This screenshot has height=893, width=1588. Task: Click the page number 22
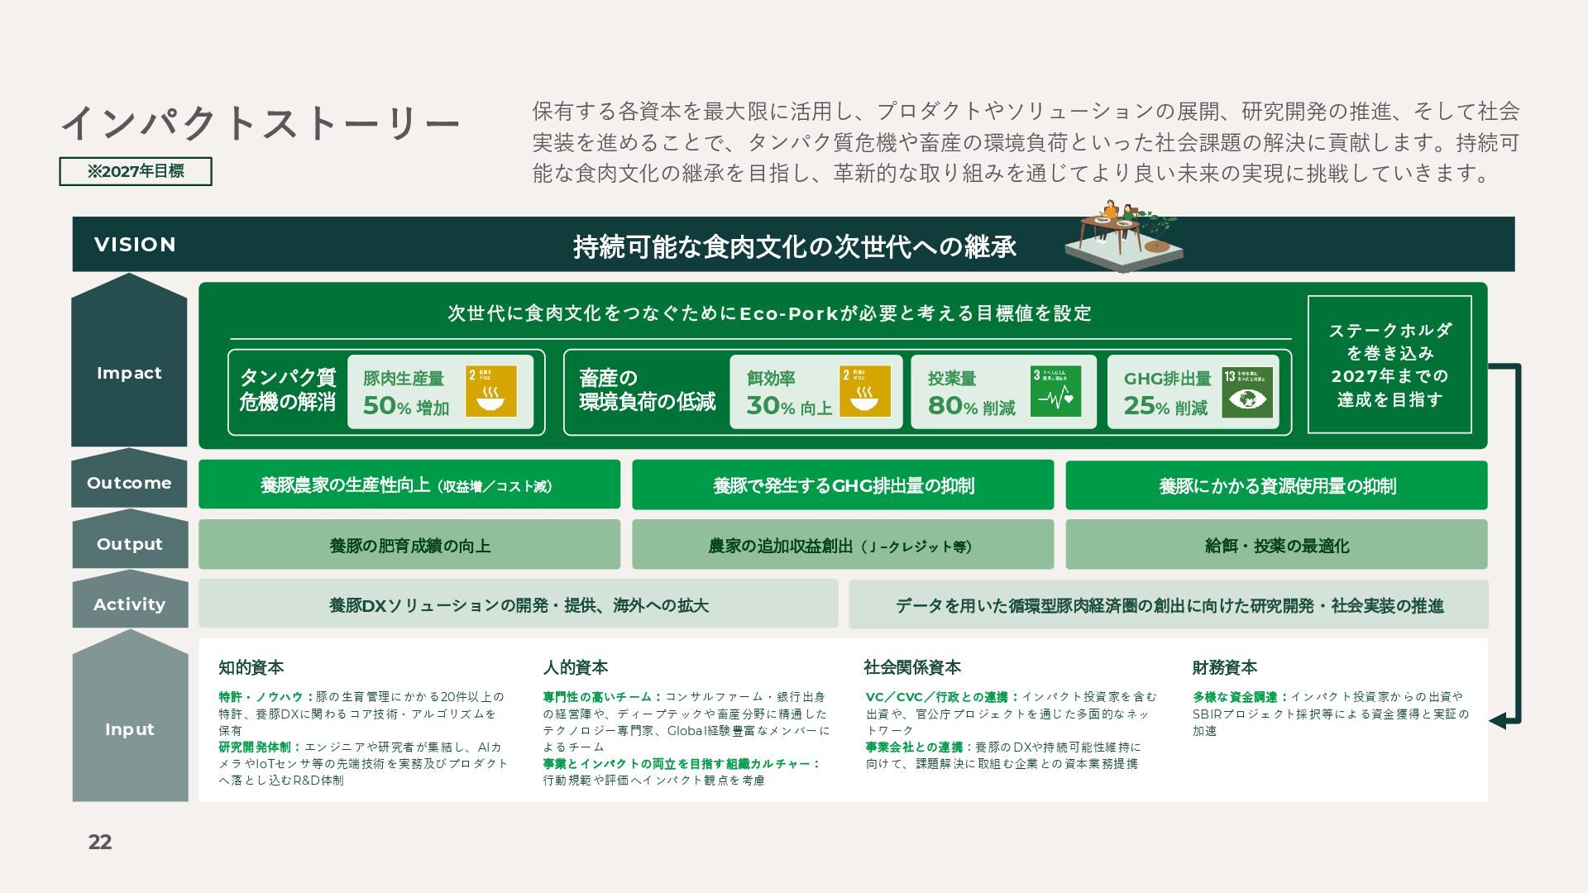(x=100, y=842)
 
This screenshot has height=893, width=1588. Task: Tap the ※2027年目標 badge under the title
(x=136, y=171)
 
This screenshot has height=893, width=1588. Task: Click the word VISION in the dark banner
(x=135, y=245)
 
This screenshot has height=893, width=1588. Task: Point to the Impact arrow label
(x=129, y=373)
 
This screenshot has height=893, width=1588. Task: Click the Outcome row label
(x=129, y=483)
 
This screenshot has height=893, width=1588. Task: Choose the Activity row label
(x=129, y=604)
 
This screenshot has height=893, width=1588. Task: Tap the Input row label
(x=129, y=729)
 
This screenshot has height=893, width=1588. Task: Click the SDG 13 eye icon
(x=1247, y=392)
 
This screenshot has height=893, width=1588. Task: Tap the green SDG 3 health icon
(x=1055, y=392)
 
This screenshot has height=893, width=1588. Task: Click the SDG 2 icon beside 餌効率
(x=864, y=392)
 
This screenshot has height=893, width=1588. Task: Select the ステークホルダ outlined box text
(x=1389, y=365)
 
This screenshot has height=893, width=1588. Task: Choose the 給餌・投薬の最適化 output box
(x=1276, y=545)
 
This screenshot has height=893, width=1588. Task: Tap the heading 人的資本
(x=575, y=667)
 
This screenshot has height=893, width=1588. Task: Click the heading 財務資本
(x=1224, y=667)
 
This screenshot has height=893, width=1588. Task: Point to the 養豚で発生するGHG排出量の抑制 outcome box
(x=843, y=485)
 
